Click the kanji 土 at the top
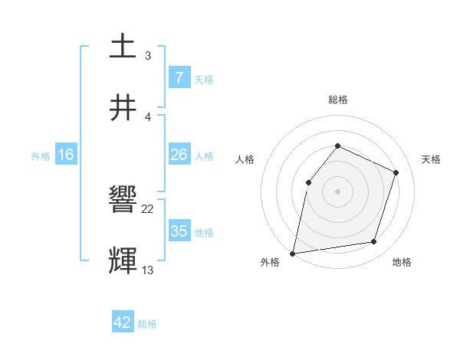pos(123,47)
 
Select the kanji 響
pos(123,200)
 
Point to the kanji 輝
pos(123,260)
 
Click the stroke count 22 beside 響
pos(148,209)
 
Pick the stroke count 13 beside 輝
pos(148,270)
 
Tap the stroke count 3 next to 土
pos(148,56)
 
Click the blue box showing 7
pos(179,78)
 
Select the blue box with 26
pos(179,155)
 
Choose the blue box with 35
pos(179,231)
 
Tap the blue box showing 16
pos(65,155)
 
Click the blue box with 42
pos(123,322)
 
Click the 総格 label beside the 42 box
pos(147,324)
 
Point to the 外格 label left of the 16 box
pos(41,156)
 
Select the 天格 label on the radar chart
pos(432,159)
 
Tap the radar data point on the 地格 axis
pos(374,242)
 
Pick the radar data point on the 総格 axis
pos(337,146)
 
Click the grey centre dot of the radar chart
pos(337,191)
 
